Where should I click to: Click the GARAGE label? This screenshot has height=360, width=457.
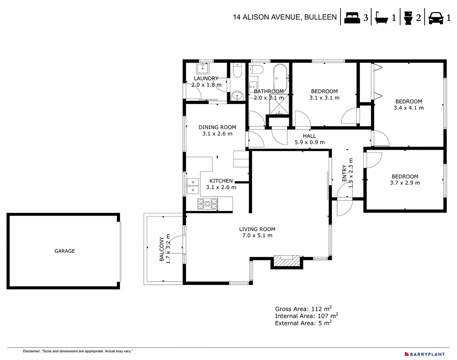click(x=65, y=251)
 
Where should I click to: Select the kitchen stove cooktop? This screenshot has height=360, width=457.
click(x=208, y=204)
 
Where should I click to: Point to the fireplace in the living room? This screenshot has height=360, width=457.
click(x=286, y=261)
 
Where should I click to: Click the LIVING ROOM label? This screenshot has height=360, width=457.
click(x=257, y=229)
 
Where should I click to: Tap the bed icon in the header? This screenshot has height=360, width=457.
click(x=352, y=18)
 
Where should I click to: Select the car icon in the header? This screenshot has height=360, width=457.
click(x=436, y=18)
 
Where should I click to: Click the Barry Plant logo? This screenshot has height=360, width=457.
click(x=425, y=354)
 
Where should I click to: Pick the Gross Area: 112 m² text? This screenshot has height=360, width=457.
click(x=303, y=309)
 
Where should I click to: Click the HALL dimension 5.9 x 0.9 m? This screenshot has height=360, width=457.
click(x=309, y=142)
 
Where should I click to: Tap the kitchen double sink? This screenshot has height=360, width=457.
click(x=193, y=186)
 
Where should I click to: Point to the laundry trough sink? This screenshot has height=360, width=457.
click(x=202, y=68)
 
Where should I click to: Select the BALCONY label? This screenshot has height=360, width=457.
click(x=162, y=249)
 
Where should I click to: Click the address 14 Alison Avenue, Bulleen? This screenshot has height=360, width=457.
click(x=285, y=17)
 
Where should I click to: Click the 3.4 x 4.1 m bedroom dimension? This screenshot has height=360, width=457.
click(x=409, y=108)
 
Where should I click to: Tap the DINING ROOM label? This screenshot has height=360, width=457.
click(x=217, y=127)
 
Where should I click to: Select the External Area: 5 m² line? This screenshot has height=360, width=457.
click(x=303, y=323)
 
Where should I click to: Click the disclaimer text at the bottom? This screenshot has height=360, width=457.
click(x=78, y=351)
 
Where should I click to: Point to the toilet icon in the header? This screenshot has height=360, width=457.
click(x=408, y=18)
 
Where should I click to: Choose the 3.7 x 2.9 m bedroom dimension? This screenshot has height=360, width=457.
click(x=405, y=183)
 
